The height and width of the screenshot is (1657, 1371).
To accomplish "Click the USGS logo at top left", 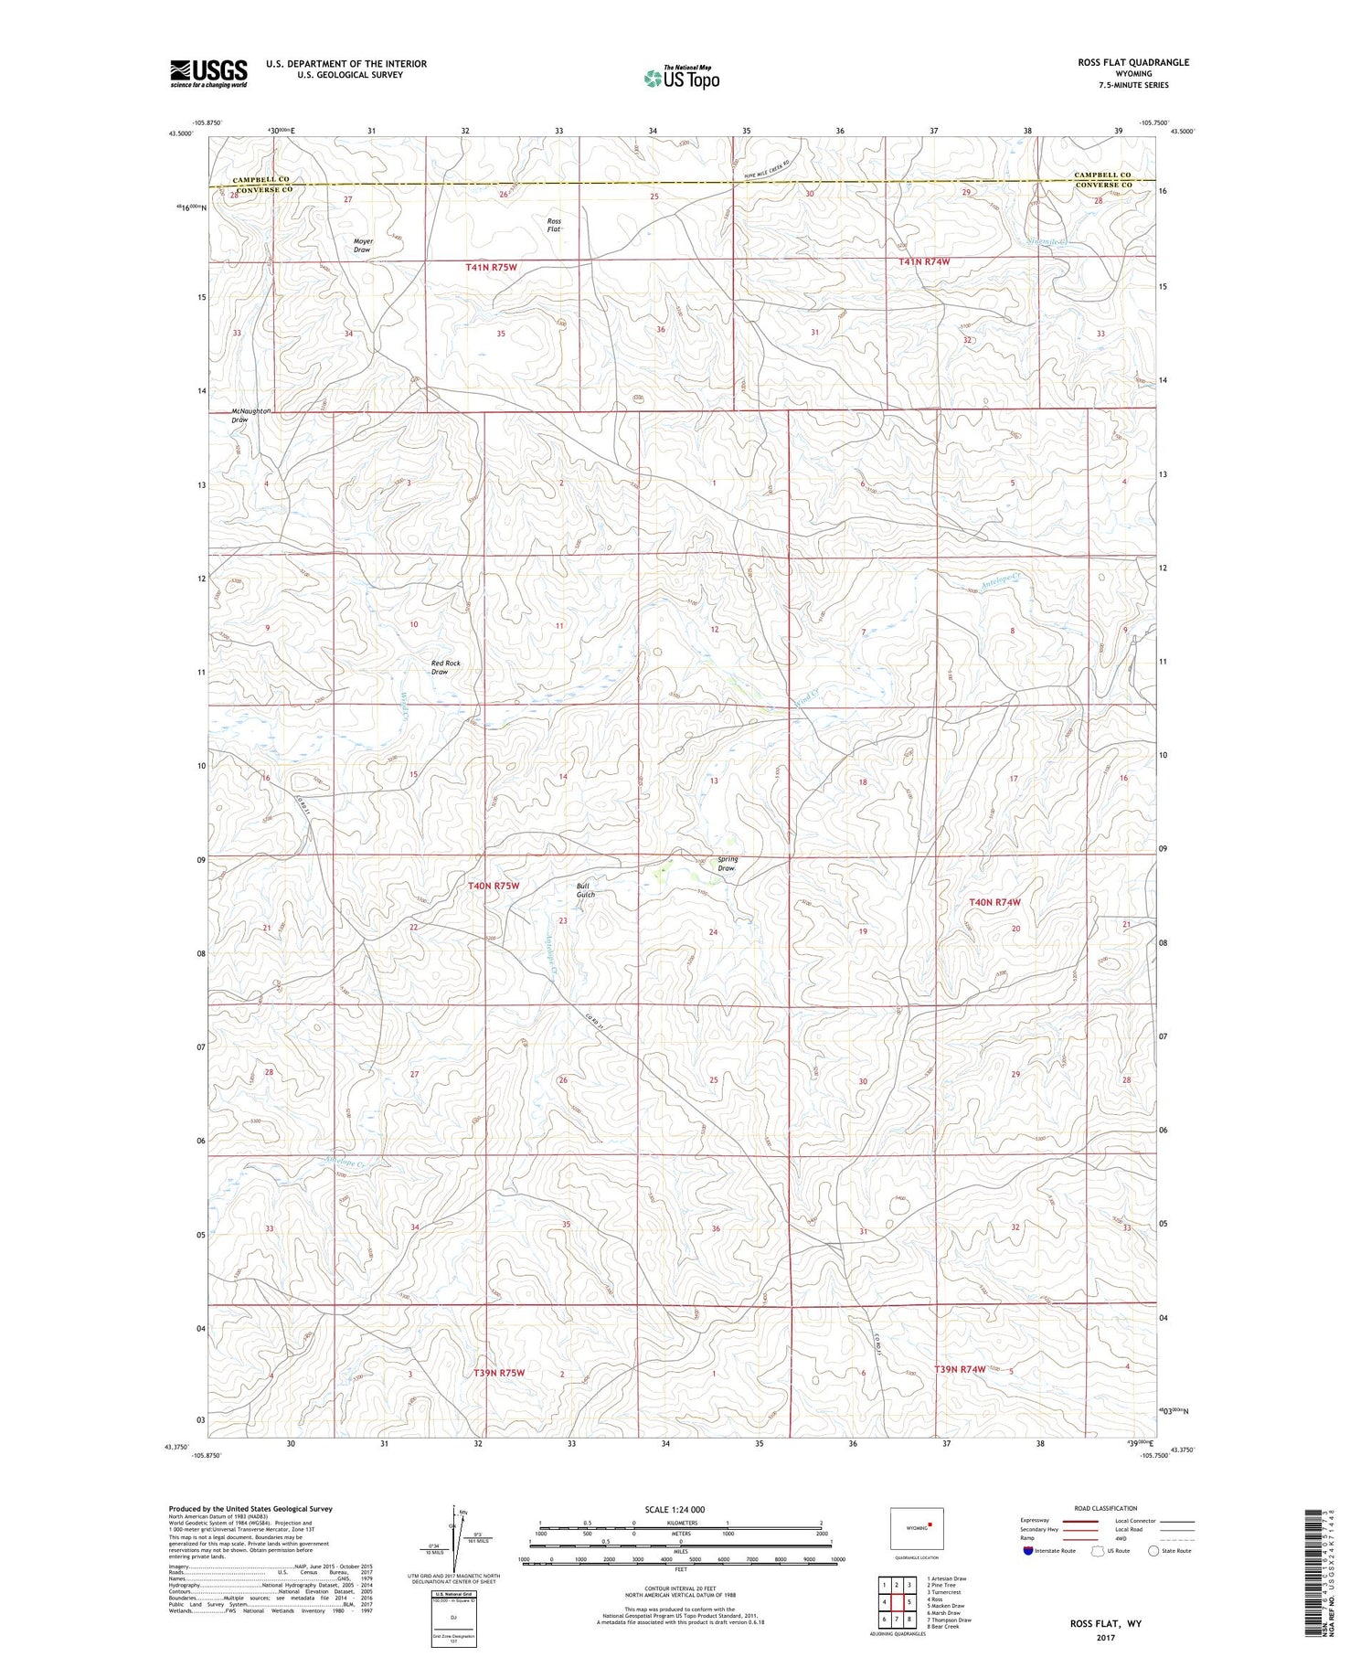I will click(208, 73).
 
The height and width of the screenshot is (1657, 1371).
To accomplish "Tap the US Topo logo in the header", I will click(681, 79).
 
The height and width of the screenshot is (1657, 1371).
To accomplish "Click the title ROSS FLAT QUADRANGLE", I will click(1133, 62).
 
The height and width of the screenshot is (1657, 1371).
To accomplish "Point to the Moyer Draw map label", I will click(363, 246).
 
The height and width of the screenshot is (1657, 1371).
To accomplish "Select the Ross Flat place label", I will click(554, 225).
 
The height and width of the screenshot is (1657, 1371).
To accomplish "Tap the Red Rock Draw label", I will click(445, 667).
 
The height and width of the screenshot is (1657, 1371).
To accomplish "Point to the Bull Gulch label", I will click(585, 890).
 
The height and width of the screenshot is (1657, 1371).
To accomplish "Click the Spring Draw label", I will click(727, 864).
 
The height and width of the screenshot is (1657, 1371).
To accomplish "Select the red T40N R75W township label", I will click(494, 886).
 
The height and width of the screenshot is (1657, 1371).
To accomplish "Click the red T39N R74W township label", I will click(960, 1369).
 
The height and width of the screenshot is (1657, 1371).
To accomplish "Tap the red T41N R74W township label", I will click(924, 261).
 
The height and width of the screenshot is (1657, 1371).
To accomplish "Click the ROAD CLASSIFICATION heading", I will click(1106, 1508).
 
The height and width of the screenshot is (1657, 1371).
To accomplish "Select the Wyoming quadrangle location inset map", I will click(917, 1528).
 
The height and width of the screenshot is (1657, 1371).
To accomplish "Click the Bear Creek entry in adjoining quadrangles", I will click(944, 1626).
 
